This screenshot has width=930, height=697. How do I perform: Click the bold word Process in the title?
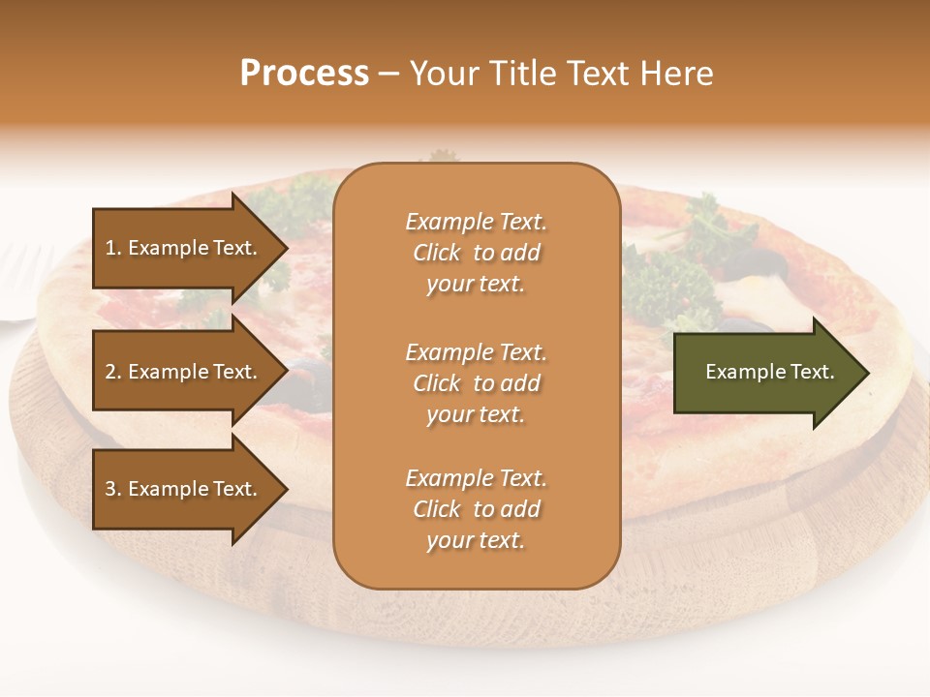click(x=304, y=74)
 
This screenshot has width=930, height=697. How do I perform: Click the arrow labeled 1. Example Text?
click(x=184, y=248)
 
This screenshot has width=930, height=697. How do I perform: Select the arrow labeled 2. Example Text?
click(x=184, y=372)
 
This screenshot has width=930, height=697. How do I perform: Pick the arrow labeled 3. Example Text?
click(x=184, y=489)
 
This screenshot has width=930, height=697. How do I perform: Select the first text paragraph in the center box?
click(x=476, y=253)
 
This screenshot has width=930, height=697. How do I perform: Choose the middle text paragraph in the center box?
click(x=476, y=383)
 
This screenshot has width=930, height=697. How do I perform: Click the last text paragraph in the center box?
click(x=476, y=509)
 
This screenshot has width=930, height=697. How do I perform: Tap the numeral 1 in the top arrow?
click(x=110, y=248)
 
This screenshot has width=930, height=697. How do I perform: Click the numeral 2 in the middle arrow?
click(x=110, y=372)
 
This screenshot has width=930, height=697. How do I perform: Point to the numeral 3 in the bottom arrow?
click(x=110, y=489)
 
